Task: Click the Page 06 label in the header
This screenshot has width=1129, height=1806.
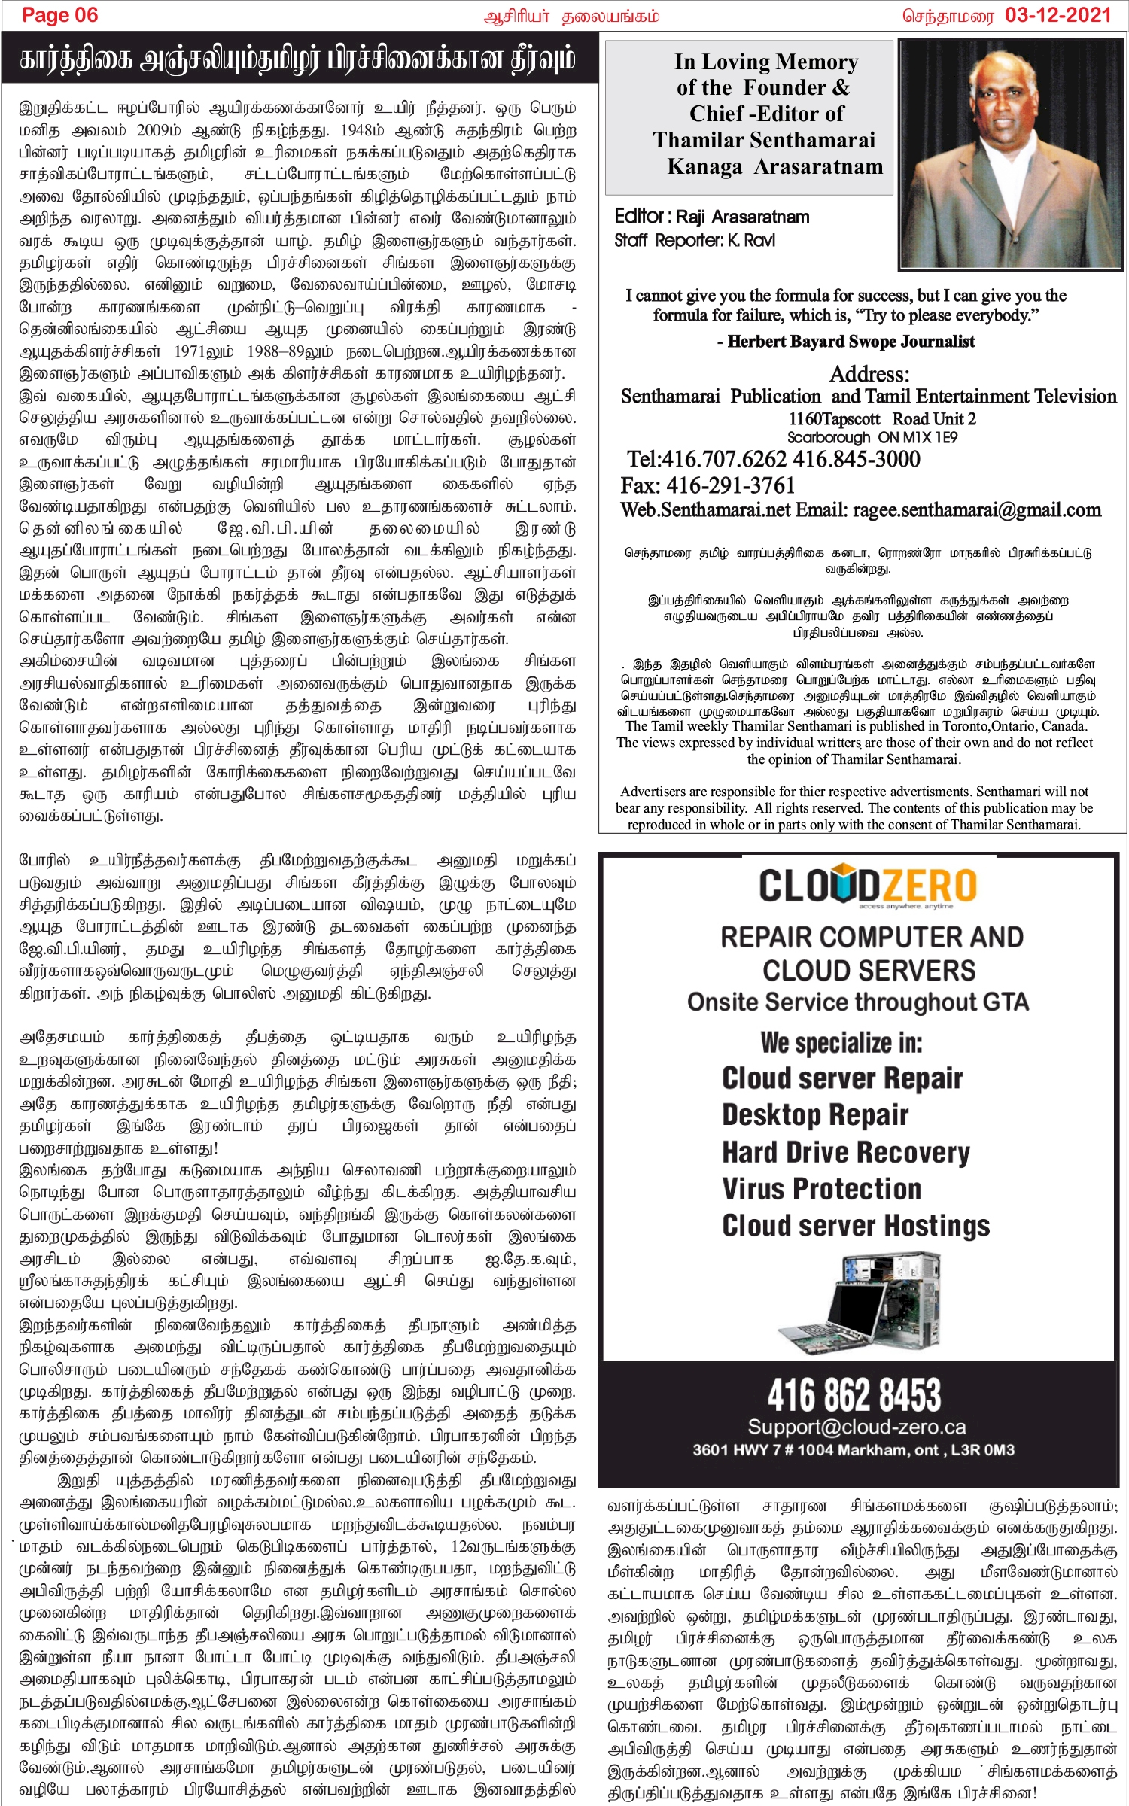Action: click(60, 15)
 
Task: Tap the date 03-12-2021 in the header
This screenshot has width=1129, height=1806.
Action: click(1057, 15)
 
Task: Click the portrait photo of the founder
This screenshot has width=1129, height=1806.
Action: click(1011, 154)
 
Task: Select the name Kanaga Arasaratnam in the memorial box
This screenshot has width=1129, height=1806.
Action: click(774, 166)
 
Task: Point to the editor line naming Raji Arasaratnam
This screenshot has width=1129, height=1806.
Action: click(712, 217)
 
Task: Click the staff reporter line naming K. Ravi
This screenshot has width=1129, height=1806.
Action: click(694, 241)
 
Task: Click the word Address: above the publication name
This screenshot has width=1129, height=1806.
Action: click(869, 374)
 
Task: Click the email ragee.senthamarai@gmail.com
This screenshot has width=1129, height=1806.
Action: click(976, 510)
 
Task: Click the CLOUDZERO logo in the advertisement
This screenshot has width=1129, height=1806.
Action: click(868, 886)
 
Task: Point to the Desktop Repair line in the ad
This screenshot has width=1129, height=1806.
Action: click(815, 1115)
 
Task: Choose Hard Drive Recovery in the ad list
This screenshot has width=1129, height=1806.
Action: click(845, 1152)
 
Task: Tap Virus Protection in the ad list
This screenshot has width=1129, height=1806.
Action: click(821, 1189)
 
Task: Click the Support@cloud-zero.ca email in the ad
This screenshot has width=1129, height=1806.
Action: click(857, 1427)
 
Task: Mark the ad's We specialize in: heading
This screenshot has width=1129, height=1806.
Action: click(841, 1043)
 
